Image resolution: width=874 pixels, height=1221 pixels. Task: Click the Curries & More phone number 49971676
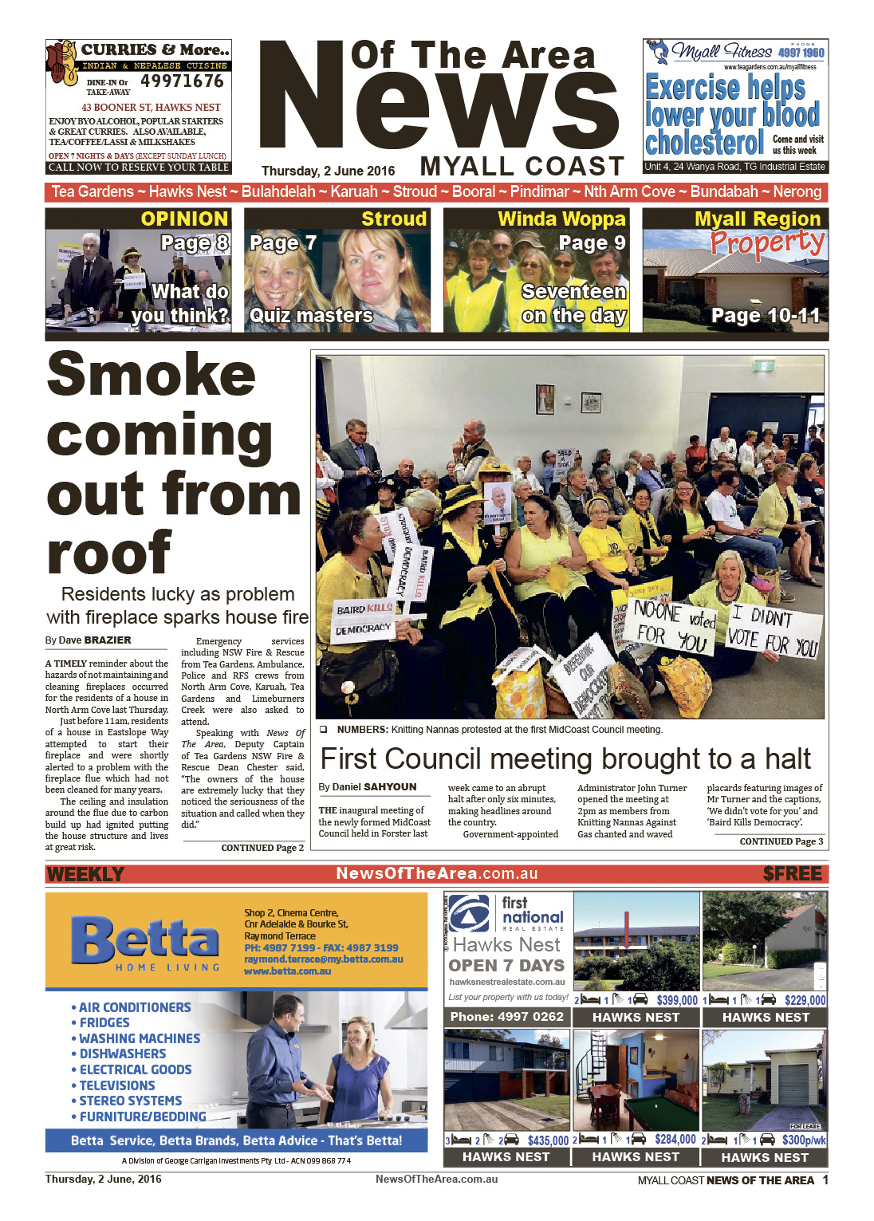(182, 81)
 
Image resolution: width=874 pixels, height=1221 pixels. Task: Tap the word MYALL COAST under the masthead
(522, 166)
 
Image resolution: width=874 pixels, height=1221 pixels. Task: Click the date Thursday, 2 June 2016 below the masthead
(328, 171)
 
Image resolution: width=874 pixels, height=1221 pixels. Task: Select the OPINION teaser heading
(184, 219)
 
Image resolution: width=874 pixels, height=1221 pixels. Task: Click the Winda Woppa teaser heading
(561, 219)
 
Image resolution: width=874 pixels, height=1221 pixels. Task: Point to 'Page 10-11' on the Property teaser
(765, 316)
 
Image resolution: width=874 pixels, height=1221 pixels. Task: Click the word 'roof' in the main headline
(109, 553)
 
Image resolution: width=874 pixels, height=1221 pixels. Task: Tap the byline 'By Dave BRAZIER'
(88, 640)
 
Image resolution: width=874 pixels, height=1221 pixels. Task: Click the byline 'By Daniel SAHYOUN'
(368, 786)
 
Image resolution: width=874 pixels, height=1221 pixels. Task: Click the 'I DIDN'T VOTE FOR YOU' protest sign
(773, 629)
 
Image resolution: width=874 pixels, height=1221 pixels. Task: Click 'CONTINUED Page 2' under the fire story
(262, 848)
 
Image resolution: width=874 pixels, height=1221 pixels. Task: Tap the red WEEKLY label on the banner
(85, 874)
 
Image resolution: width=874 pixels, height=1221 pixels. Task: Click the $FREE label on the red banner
(792, 874)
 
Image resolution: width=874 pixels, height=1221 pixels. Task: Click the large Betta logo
(145, 940)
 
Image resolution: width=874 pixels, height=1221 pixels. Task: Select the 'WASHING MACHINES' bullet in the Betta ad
(140, 1038)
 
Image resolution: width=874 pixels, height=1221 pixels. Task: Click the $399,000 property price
(676, 1000)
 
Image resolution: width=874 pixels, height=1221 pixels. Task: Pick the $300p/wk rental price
(803, 1140)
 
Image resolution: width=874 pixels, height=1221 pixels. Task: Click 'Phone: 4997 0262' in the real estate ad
(506, 1017)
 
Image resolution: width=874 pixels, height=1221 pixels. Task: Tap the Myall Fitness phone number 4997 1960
(801, 53)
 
